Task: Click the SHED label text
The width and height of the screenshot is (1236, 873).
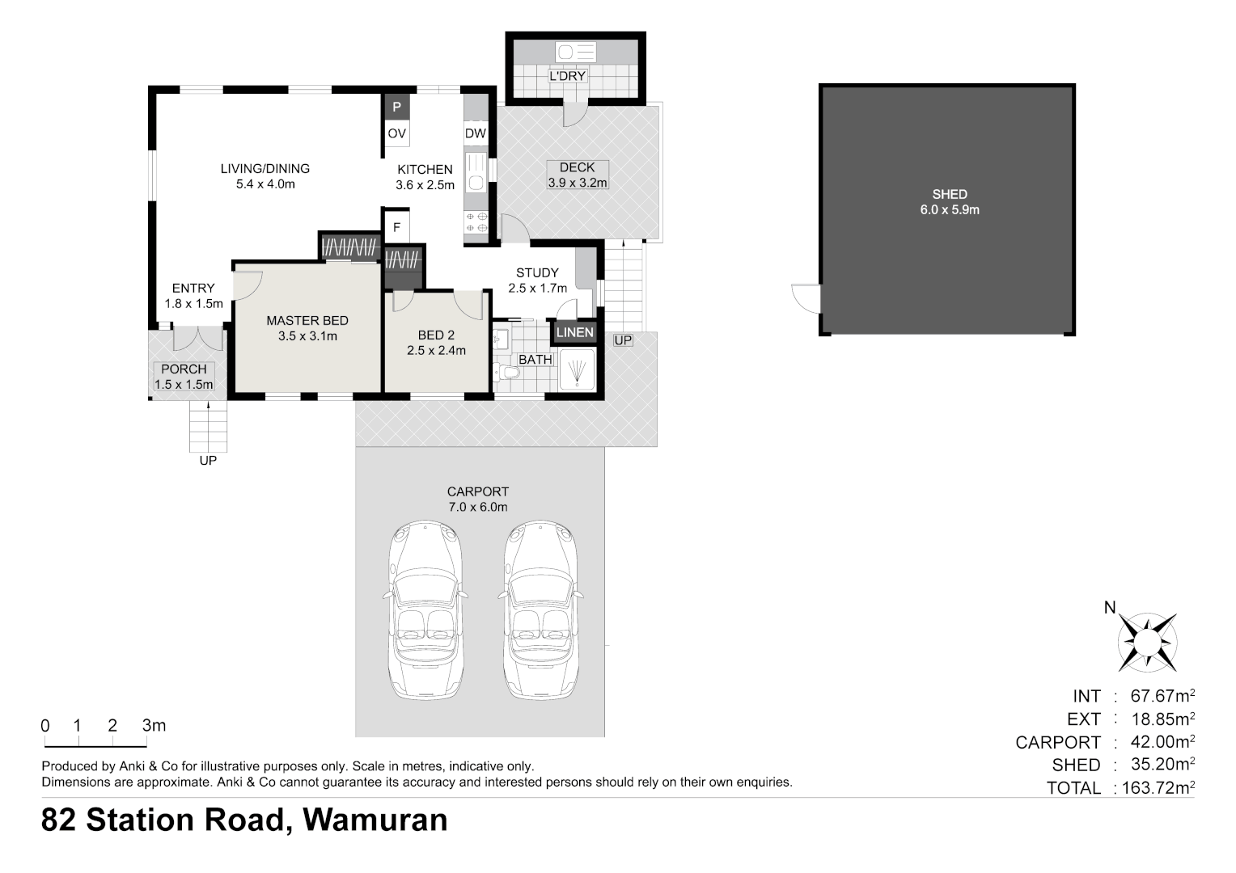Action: [x=950, y=194]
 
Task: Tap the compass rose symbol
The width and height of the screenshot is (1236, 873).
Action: [x=1147, y=643]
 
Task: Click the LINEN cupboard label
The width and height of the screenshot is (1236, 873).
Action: [x=575, y=332]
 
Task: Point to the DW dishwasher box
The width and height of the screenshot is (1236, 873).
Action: [x=476, y=133]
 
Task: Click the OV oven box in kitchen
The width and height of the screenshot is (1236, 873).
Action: [x=396, y=133]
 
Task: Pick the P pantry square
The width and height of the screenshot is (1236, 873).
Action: [x=396, y=107]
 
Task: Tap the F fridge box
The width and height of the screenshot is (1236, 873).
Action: [x=396, y=227]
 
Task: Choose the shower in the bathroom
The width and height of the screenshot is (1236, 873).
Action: [x=577, y=370]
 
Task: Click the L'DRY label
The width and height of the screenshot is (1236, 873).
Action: [x=567, y=76]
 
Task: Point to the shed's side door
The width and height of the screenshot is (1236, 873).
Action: [x=806, y=297]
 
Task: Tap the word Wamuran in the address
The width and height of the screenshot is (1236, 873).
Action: [x=375, y=820]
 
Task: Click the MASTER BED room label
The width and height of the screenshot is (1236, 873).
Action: [x=307, y=321]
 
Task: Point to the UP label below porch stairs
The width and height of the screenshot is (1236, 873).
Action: [x=208, y=461]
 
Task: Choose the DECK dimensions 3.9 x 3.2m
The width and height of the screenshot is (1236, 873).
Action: [x=578, y=183]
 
